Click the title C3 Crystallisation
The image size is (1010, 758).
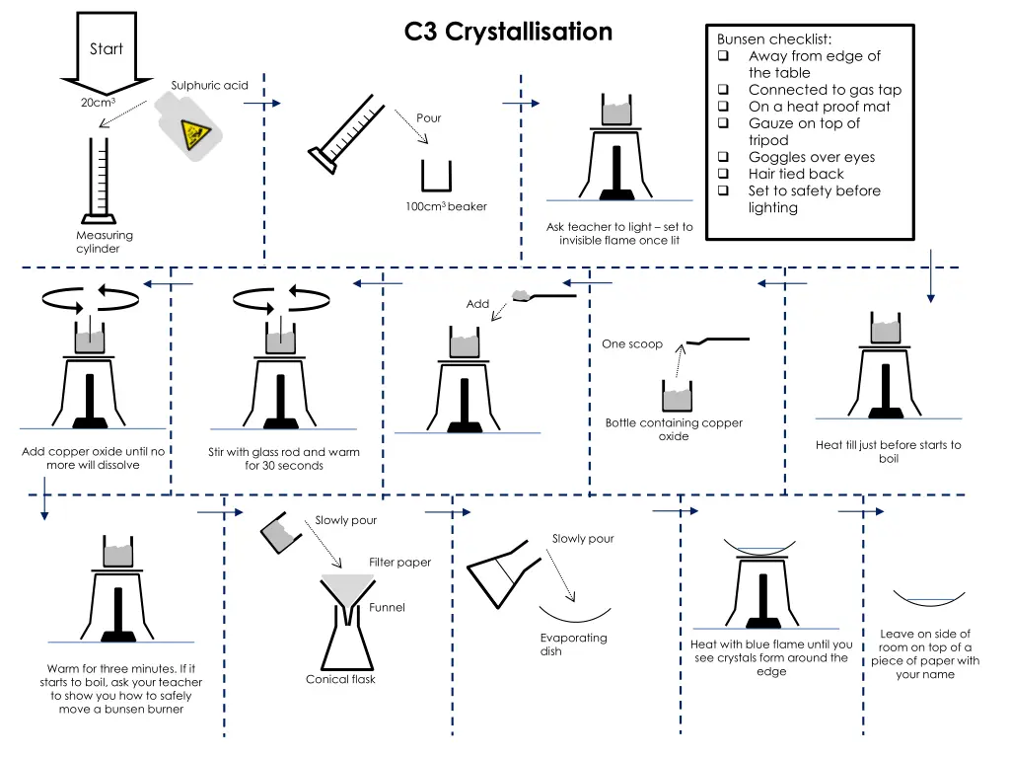[x=508, y=32]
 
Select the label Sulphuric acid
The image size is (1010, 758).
[x=209, y=85]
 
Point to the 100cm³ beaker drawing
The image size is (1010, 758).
[x=436, y=177]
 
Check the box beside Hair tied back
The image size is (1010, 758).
[x=723, y=175]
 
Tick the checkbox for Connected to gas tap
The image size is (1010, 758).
[x=723, y=90]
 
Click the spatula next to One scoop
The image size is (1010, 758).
[x=718, y=341]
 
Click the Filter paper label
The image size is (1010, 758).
[x=399, y=563]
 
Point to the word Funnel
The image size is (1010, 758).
[x=387, y=607]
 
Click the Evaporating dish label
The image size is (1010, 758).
[x=573, y=644]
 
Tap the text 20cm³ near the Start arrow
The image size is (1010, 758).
[x=99, y=103]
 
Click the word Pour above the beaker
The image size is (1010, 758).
[x=429, y=117]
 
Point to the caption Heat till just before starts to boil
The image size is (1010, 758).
[x=888, y=451]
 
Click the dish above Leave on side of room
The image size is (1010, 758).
[x=928, y=597]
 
